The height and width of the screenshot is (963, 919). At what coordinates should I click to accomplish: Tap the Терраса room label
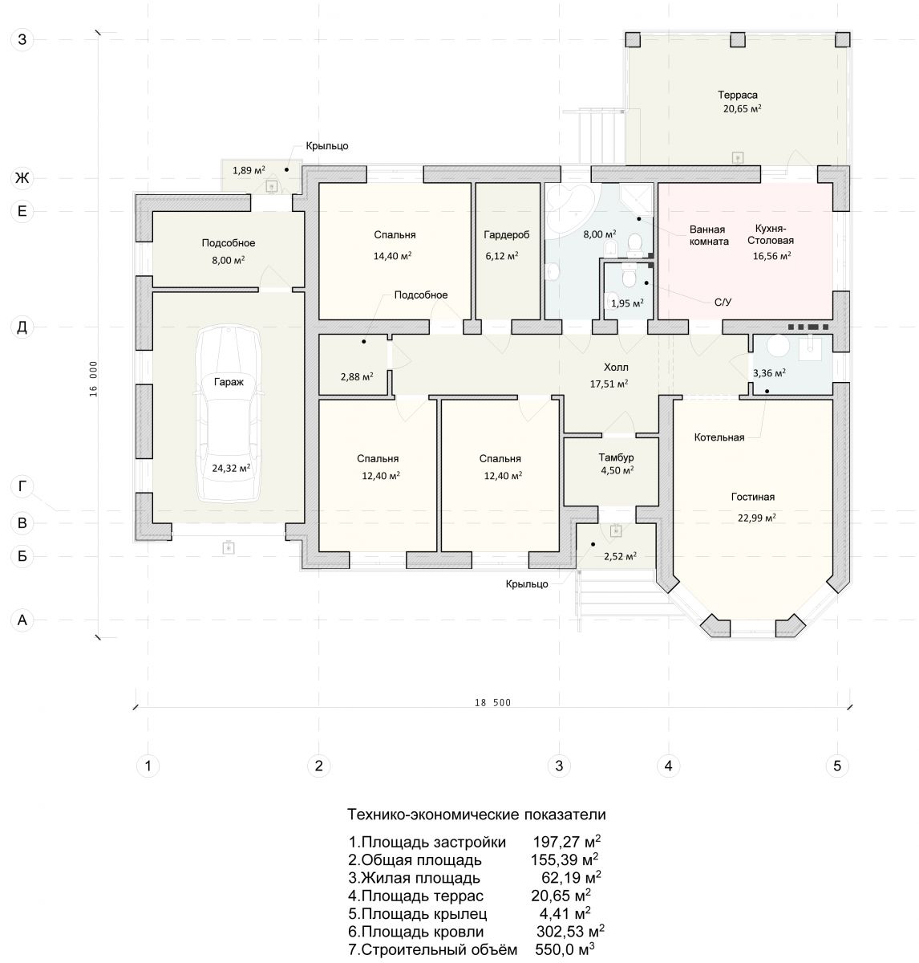tap(738, 95)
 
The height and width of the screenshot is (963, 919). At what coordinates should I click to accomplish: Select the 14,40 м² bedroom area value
tap(393, 256)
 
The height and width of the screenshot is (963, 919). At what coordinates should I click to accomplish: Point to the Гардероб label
tap(507, 234)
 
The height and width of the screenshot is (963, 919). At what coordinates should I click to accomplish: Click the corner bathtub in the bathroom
tap(573, 208)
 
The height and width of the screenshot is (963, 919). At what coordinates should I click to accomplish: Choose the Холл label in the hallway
tap(616, 368)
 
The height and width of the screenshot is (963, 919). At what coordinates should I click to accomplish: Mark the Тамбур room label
tap(616, 457)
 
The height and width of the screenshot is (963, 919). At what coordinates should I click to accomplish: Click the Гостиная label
tap(753, 497)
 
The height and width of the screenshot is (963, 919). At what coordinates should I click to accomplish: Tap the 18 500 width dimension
tap(492, 703)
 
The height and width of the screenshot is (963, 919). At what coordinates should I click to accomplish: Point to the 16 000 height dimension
tap(94, 379)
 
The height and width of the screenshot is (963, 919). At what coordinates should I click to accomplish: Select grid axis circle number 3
tap(559, 766)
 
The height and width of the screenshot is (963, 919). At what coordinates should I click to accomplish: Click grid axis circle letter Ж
tap(22, 177)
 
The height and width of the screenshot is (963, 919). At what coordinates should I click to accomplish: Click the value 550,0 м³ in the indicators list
tap(565, 949)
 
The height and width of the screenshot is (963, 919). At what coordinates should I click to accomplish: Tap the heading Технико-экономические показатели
tap(476, 814)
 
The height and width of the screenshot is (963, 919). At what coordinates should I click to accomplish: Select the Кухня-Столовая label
tap(771, 234)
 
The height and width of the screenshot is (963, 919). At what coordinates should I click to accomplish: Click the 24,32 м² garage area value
tap(231, 468)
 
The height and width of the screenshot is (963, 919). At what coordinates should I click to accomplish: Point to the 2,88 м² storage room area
tap(357, 376)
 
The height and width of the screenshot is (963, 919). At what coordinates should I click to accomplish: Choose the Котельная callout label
tap(719, 437)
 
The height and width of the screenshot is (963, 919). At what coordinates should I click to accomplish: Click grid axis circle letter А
tap(22, 620)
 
